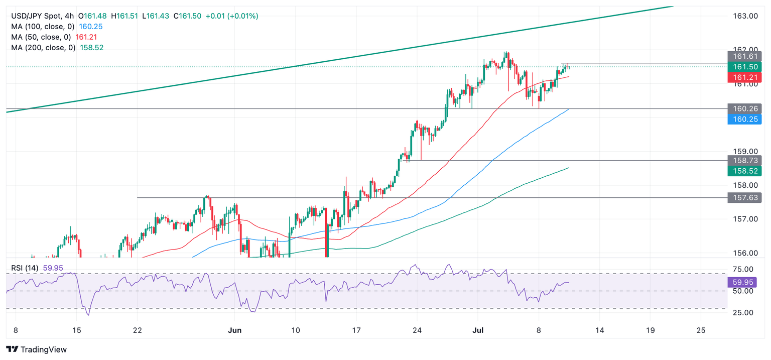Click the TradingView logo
(36, 349)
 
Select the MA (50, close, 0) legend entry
(41, 37)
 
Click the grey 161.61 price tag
(744, 56)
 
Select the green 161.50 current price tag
(744, 67)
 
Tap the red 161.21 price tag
(744, 77)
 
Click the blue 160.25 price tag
(744, 119)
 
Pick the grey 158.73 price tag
(744, 161)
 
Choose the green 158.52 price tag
(744, 171)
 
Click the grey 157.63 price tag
(744, 198)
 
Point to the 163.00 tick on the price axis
(745, 16)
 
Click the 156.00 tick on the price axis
(745, 253)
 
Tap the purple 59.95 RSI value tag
(744, 283)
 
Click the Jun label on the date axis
(234, 330)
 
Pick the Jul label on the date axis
(477, 330)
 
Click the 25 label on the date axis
(701, 330)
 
